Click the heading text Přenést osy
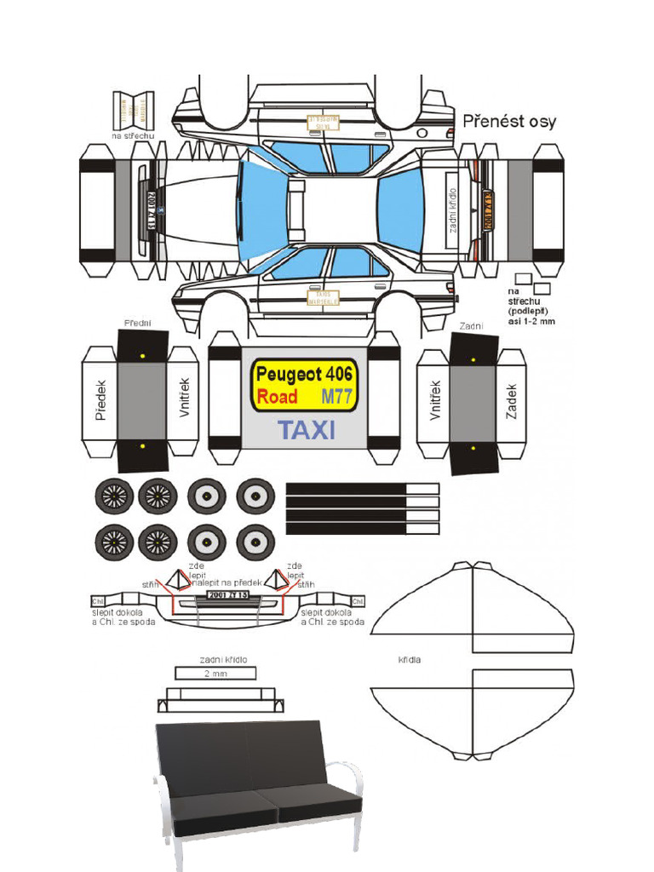(x=509, y=122)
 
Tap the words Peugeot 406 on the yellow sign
(x=304, y=374)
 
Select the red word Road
(x=277, y=397)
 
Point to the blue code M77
(x=337, y=397)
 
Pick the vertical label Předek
(x=100, y=399)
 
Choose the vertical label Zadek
(x=512, y=400)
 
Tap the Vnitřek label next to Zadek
(x=435, y=400)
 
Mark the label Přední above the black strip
(x=138, y=324)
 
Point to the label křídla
(x=410, y=659)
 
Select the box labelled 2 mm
(x=215, y=673)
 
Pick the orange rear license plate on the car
(x=489, y=209)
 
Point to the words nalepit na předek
(x=225, y=582)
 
